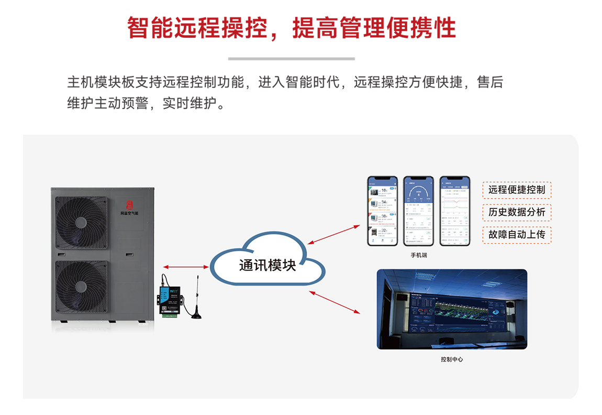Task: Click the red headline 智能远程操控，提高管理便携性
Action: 292,28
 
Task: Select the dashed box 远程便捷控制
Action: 517,190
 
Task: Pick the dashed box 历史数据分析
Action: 517,212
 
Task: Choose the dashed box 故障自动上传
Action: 517,234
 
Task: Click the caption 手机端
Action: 419,255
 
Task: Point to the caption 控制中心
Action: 452,359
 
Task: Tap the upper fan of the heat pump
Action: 81,223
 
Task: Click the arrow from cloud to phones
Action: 334,234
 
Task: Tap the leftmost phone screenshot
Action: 382,211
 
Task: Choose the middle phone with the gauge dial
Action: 418,211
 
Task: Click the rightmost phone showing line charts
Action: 454,211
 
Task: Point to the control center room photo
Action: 452,309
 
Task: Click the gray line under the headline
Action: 292,59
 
